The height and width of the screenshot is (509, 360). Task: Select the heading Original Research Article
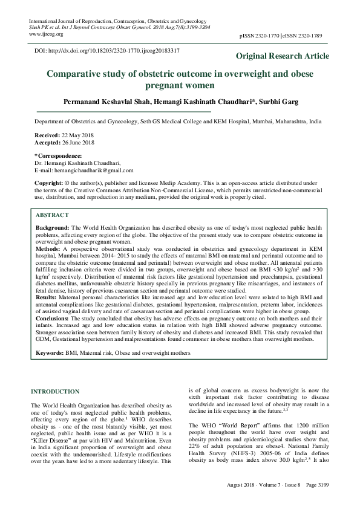coord(283,56)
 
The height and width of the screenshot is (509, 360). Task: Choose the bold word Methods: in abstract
coord(50,248)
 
